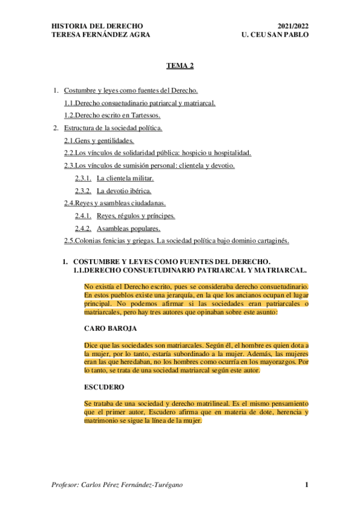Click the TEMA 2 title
[180, 69]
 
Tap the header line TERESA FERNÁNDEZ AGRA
[100, 35]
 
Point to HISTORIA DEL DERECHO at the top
[97, 26]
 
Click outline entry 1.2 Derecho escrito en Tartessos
[112, 115]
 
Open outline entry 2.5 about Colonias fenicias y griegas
[177, 241]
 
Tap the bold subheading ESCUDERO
[104, 387]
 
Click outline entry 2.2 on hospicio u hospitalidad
[157, 153]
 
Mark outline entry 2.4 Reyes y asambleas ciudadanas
[115, 203]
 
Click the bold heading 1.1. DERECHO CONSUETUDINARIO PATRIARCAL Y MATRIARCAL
[189, 271]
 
